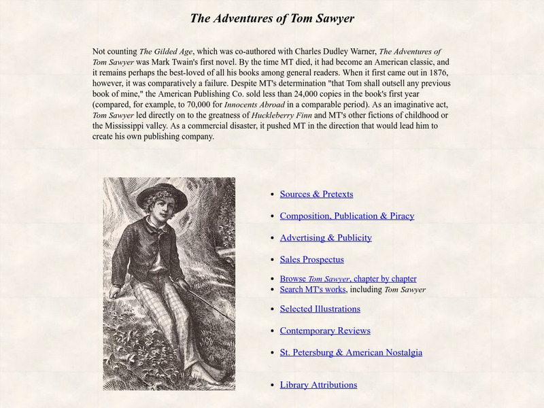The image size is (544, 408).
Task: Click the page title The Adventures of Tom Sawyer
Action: click(272, 18)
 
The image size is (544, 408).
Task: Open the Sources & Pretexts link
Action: click(316, 194)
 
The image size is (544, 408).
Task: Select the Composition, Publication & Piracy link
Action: click(347, 216)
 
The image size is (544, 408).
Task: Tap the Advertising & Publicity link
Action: click(326, 237)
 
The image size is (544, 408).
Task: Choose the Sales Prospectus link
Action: click(311, 259)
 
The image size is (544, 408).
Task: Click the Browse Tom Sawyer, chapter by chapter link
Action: click(348, 279)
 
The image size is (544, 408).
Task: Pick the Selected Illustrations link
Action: click(320, 309)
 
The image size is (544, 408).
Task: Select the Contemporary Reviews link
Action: click(325, 330)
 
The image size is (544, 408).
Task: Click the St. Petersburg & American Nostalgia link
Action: click(351, 352)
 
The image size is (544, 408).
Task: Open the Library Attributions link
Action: click(318, 385)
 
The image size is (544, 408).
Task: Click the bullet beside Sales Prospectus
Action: click(272, 260)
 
